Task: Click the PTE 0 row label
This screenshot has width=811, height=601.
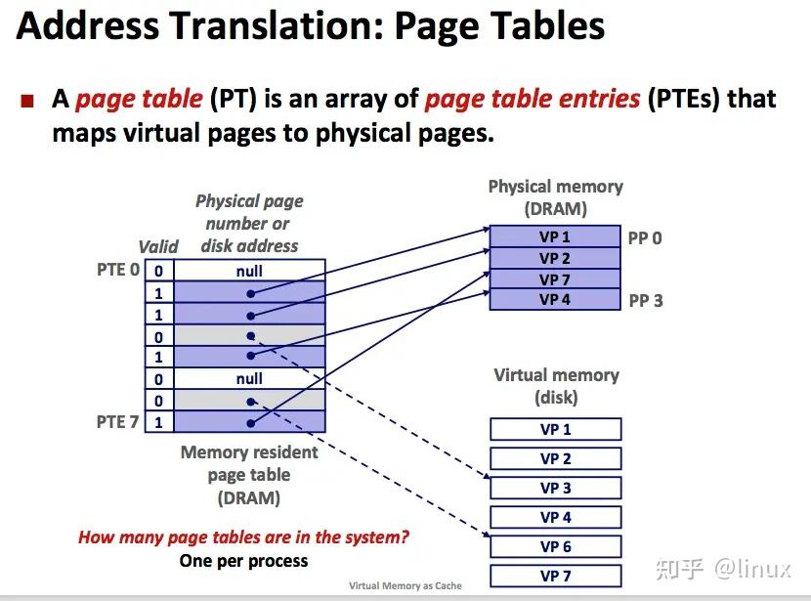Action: click(x=118, y=270)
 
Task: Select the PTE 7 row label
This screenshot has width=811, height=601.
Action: click(x=117, y=421)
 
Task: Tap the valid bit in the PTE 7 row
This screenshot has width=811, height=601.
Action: click(x=159, y=422)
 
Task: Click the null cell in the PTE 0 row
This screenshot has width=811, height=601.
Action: click(x=249, y=271)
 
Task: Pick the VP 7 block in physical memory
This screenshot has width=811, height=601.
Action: click(x=555, y=279)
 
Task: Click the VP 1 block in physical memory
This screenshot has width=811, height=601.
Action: click(x=555, y=236)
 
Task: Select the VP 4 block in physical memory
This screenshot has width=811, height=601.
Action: click(x=555, y=299)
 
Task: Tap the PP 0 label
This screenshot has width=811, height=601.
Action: click(x=645, y=237)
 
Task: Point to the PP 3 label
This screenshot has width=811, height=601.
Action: click(x=646, y=301)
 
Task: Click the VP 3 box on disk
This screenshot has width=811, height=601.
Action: click(x=556, y=488)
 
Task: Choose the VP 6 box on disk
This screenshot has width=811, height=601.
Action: click(x=556, y=546)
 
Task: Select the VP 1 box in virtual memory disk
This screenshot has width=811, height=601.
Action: click(x=556, y=429)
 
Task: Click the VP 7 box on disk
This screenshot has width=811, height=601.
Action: click(x=556, y=576)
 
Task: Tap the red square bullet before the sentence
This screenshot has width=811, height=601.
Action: click(x=27, y=101)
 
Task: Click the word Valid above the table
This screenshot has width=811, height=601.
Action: click(x=158, y=246)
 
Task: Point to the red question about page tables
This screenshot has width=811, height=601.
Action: click(x=243, y=537)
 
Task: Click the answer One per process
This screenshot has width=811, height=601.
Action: click(x=243, y=561)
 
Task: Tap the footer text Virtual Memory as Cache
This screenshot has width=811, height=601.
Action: click(x=405, y=585)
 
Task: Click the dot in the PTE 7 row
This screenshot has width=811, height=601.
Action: click(x=251, y=423)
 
